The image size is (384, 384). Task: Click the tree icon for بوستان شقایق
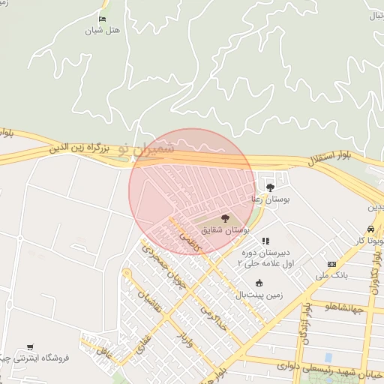pyautogui.click(x=226, y=217)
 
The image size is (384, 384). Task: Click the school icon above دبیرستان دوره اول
pyautogui.click(x=265, y=241)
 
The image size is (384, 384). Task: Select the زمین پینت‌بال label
pyautogui.click(x=259, y=295)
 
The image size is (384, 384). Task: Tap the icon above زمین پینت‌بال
pyautogui.click(x=259, y=283)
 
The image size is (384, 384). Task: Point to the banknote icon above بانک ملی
pyautogui.click(x=331, y=265)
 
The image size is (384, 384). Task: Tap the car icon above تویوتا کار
pyautogui.click(x=370, y=229)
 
